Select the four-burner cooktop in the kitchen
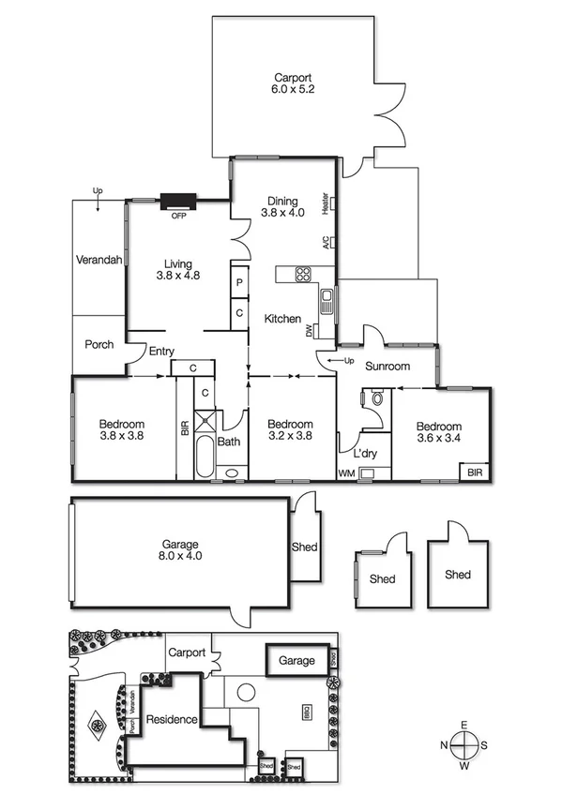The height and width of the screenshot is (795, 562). pyautogui.click(x=304, y=275)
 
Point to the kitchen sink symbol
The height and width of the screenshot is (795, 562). pyautogui.click(x=326, y=302)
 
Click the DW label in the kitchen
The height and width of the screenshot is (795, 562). pyautogui.click(x=310, y=330)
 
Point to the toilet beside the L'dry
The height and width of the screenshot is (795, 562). pyautogui.click(x=377, y=398)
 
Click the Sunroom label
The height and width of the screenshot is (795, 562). pyautogui.click(x=387, y=367)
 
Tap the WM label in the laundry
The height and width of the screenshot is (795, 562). pyautogui.click(x=346, y=473)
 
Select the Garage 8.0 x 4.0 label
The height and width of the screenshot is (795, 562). pyautogui.click(x=178, y=549)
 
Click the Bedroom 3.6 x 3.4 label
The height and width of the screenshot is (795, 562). pyautogui.click(x=438, y=433)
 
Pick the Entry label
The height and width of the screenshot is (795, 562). pyautogui.click(x=161, y=352)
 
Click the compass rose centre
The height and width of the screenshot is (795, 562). pyautogui.click(x=464, y=745)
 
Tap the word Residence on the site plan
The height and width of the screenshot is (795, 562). pyautogui.click(x=171, y=720)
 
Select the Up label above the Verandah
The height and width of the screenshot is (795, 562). pyautogui.click(x=98, y=192)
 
